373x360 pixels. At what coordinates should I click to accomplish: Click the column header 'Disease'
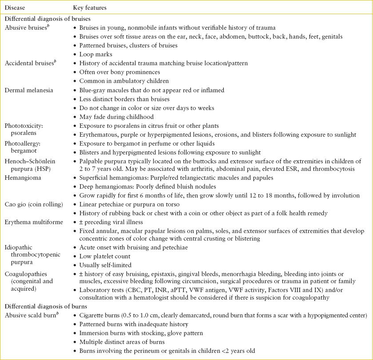16,8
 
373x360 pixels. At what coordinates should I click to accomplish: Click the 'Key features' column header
90,8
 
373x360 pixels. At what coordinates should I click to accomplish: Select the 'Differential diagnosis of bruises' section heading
48,19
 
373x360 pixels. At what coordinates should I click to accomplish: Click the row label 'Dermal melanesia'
29,90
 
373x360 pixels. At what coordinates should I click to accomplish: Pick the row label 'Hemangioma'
23,178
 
